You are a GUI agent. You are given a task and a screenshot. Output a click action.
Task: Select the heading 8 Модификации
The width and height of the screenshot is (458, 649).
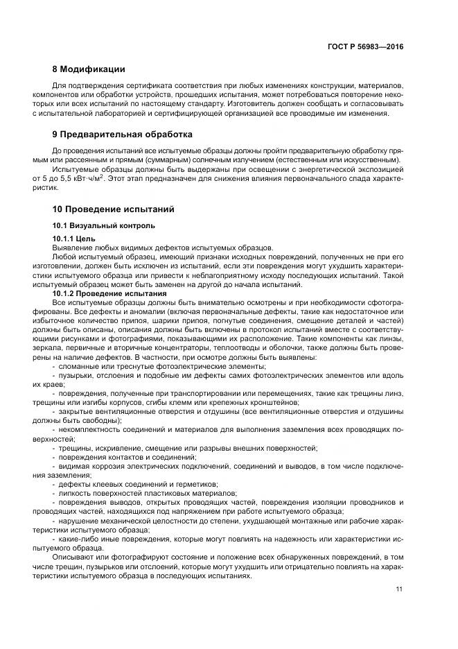pos(89,69)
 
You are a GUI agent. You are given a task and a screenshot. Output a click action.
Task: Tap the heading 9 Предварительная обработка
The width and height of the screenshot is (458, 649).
pos(123,134)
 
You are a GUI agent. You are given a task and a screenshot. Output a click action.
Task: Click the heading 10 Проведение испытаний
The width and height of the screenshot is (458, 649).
pos(113,209)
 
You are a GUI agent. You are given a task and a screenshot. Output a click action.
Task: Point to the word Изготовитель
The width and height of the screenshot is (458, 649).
pos(252,103)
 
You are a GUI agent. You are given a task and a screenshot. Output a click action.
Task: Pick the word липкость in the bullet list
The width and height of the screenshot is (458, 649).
pos(77,493)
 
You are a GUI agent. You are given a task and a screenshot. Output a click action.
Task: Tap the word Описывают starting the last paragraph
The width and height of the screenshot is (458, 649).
pos(75,556)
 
